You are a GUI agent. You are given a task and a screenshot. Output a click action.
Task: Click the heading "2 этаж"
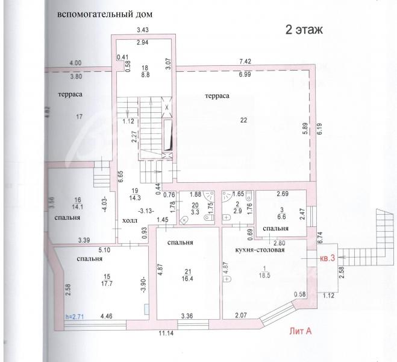(304, 30)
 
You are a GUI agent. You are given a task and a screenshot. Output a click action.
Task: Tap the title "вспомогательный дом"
(105, 14)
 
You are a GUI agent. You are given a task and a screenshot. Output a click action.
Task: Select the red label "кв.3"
(328, 258)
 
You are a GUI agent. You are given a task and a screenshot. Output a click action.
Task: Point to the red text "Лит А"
(301, 331)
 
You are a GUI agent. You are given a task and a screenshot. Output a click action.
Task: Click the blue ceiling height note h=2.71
(75, 317)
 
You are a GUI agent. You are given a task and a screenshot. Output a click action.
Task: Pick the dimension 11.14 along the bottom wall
(166, 333)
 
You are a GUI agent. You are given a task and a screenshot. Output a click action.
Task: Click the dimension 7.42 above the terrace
(245, 62)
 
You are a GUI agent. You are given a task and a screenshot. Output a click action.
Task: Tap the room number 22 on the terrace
(243, 120)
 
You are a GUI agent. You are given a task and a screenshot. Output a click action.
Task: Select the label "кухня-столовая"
(260, 250)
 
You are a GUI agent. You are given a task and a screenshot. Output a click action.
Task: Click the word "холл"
(130, 221)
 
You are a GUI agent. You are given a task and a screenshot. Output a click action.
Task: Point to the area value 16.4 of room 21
(187, 279)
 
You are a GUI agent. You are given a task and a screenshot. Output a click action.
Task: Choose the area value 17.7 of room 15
(107, 284)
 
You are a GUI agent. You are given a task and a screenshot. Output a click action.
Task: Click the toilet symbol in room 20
(209, 218)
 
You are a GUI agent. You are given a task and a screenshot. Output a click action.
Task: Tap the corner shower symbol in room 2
(227, 195)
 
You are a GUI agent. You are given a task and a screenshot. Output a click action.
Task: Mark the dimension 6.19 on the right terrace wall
(319, 129)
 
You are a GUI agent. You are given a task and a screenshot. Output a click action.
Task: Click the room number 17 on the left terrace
(80, 116)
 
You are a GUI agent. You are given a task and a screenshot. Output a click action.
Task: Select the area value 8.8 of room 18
(145, 75)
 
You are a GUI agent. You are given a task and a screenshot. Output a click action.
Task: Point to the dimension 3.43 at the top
(143, 30)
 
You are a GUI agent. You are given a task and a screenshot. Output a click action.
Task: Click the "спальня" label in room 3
(276, 229)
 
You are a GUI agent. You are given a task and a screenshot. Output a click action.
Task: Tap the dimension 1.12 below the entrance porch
(329, 295)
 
